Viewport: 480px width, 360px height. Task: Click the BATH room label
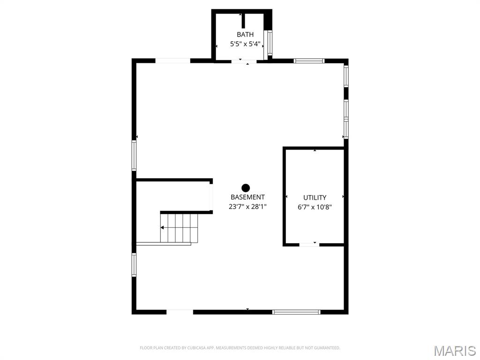(x=245, y=34)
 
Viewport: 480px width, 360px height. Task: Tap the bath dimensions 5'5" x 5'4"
(x=245, y=44)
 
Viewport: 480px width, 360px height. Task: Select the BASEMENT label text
(x=247, y=197)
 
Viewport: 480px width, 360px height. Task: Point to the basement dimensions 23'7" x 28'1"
(x=247, y=206)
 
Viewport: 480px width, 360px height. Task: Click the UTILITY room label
(x=315, y=198)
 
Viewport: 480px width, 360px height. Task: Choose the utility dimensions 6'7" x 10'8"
(x=315, y=207)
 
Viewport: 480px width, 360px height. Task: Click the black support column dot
(x=246, y=187)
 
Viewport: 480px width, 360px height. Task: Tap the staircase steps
(x=179, y=228)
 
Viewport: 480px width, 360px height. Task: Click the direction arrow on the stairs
(x=163, y=228)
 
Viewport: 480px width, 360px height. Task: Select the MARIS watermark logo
(x=454, y=351)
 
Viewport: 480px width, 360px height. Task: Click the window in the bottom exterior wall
(x=296, y=312)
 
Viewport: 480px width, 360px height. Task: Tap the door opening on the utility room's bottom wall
(x=309, y=244)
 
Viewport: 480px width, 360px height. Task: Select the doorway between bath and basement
(x=244, y=61)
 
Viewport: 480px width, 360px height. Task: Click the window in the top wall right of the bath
(x=309, y=60)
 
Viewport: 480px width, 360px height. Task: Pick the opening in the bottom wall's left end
(x=180, y=312)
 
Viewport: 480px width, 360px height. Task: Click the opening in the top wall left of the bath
(x=172, y=60)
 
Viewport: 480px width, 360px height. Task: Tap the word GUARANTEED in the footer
(x=326, y=348)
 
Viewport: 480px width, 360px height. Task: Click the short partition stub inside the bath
(x=243, y=21)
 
